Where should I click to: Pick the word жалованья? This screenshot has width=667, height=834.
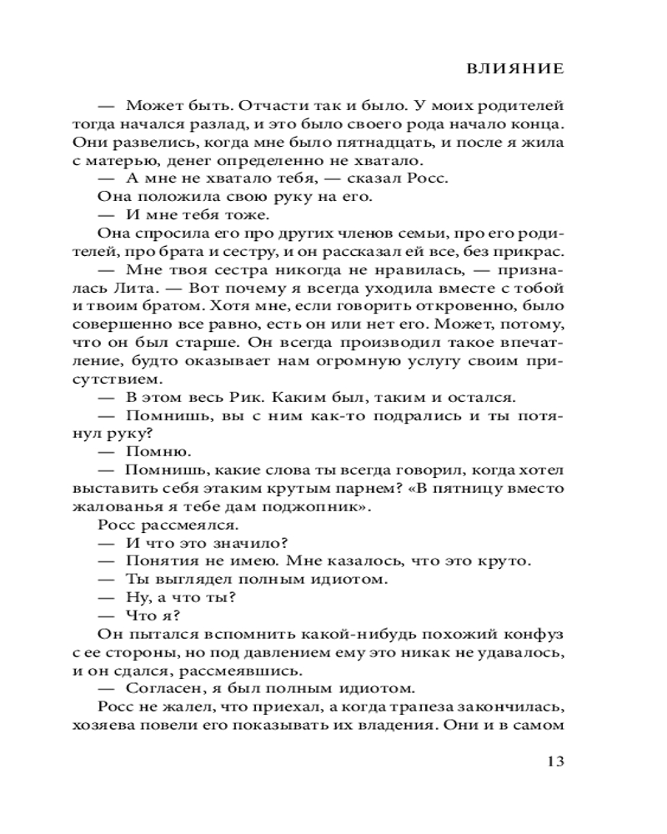[137, 508]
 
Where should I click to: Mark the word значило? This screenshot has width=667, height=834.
[242, 545]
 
